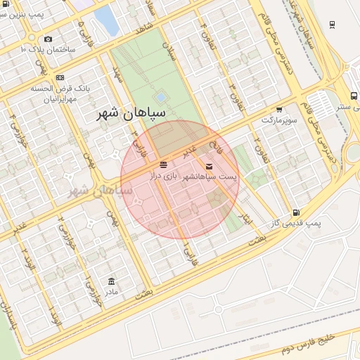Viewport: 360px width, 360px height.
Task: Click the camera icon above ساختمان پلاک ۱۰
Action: (x=47, y=39)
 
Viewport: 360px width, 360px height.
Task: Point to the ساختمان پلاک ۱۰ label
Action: (x=48, y=50)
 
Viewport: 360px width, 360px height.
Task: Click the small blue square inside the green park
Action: (x=160, y=96)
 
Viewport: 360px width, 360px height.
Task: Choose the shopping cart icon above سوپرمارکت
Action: (x=279, y=110)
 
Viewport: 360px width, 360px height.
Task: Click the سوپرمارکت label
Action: (x=280, y=120)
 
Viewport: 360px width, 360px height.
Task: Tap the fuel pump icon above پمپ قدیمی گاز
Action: (x=296, y=212)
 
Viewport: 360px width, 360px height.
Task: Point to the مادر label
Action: (x=112, y=290)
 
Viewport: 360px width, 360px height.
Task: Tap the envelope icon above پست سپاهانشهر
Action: (x=209, y=166)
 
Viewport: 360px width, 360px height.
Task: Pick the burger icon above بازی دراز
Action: (x=163, y=165)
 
